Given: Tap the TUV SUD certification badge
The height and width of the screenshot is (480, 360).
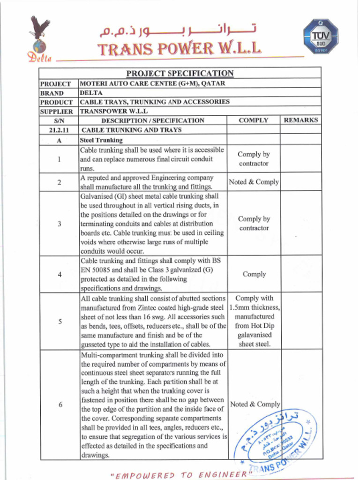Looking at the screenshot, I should point(320,36).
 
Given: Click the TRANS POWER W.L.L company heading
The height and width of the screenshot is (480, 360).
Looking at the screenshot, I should point(179,49).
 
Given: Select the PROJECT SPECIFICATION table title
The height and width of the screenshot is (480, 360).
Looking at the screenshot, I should point(180,73).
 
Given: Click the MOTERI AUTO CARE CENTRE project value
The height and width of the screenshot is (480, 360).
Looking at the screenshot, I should point(153,83).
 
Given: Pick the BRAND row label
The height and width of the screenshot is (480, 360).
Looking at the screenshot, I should point(52,93).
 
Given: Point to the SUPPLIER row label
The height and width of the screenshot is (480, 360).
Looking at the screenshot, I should point(56,112).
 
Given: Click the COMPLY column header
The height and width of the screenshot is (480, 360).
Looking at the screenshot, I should point(253,120).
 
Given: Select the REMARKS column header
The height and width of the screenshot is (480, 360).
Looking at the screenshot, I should point(301,120).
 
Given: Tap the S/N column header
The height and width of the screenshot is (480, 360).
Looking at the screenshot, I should point(59,120).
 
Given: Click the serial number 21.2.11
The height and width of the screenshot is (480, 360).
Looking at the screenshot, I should point(59,130).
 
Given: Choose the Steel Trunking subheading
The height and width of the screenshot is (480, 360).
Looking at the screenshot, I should point(101,140).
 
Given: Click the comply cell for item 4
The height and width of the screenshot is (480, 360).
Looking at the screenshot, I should point(254,274).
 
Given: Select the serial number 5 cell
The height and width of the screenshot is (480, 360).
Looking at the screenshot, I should point(59,322).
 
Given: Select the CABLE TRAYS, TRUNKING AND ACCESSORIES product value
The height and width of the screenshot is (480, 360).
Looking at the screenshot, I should point(155,102).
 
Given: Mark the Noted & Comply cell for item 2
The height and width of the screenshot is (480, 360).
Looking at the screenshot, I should point(254,182).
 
